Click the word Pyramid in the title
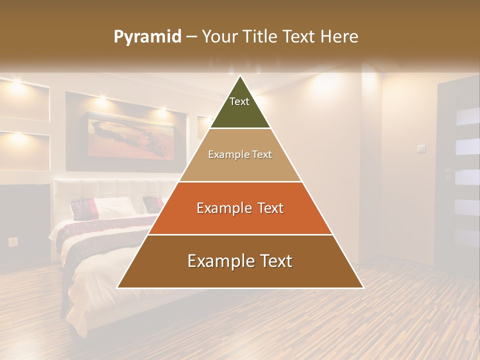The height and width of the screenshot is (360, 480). point(147,37)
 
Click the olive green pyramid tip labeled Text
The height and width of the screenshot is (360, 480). point(240,107)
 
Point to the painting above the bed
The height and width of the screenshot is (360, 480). point(131,135)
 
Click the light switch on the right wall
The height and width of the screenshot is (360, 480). point(421,148)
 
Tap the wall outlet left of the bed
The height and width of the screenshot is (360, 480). point(13,242)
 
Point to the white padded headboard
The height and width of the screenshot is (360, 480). point(115,190)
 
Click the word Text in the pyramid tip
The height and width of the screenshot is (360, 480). point(239,101)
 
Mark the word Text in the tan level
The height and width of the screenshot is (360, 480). point(261,155)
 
